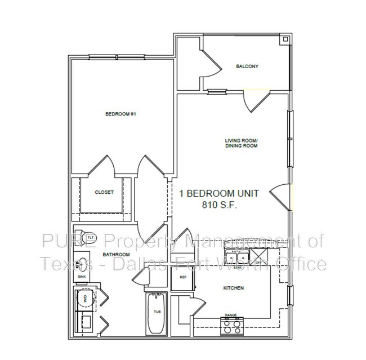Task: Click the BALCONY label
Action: click(247, 66)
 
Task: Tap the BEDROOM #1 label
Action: click(121, 114)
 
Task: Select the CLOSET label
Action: click(104, 192)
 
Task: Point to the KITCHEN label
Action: click(233, 288)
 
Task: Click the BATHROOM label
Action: click(113, 255)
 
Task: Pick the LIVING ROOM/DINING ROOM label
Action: click(241, 143)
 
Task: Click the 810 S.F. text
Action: click(219, 205)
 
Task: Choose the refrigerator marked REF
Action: click(183, 277)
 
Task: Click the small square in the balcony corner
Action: click(285, 39)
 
